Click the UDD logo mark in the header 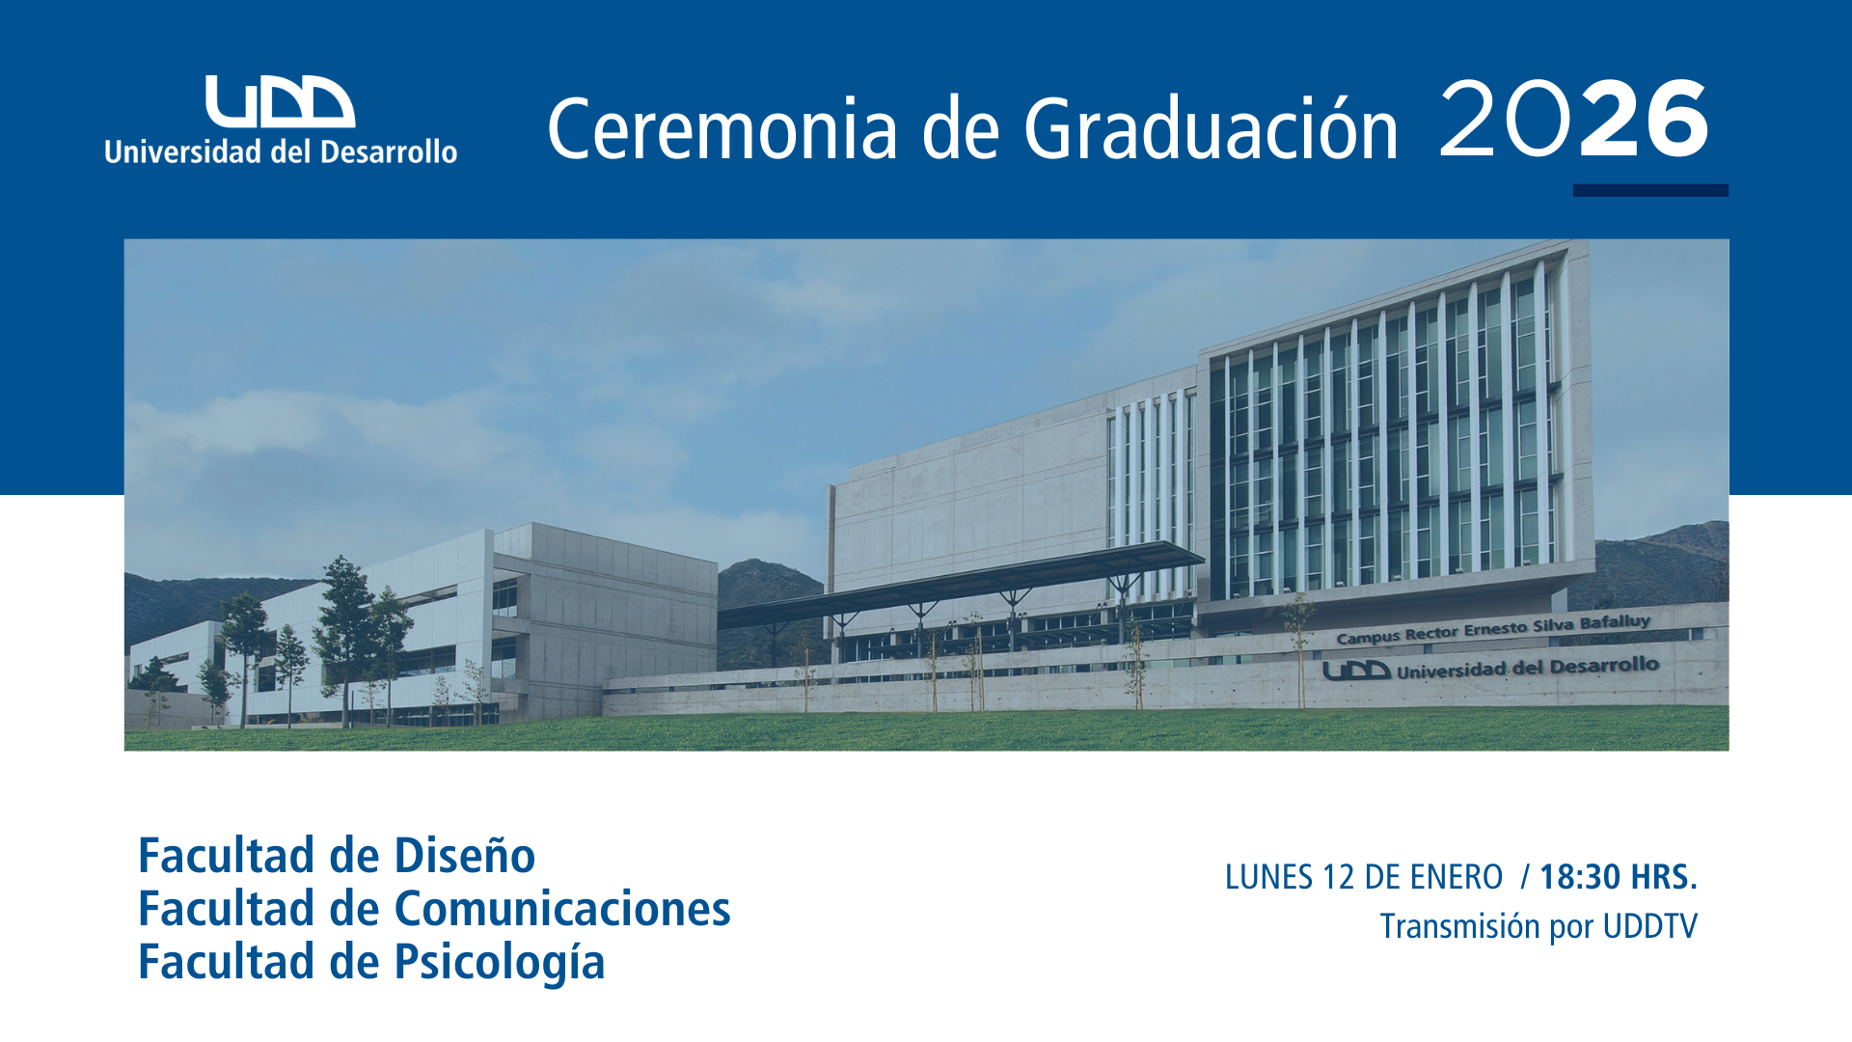pos(280,101)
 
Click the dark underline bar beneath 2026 pos(1650,190)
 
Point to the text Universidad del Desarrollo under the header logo pos(281,151)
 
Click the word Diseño pos(464,856)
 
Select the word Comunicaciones pos(562,909)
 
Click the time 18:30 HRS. pos(1619,877)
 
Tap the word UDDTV pos(1649,926)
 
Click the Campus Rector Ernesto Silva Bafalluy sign pos(1493,629)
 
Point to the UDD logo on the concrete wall pos(1356,671)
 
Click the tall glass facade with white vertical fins pos(1389,434)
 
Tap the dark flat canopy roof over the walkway pos(961,582)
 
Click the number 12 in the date pos(1340,877)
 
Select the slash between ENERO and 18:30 pos(1525,877)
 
